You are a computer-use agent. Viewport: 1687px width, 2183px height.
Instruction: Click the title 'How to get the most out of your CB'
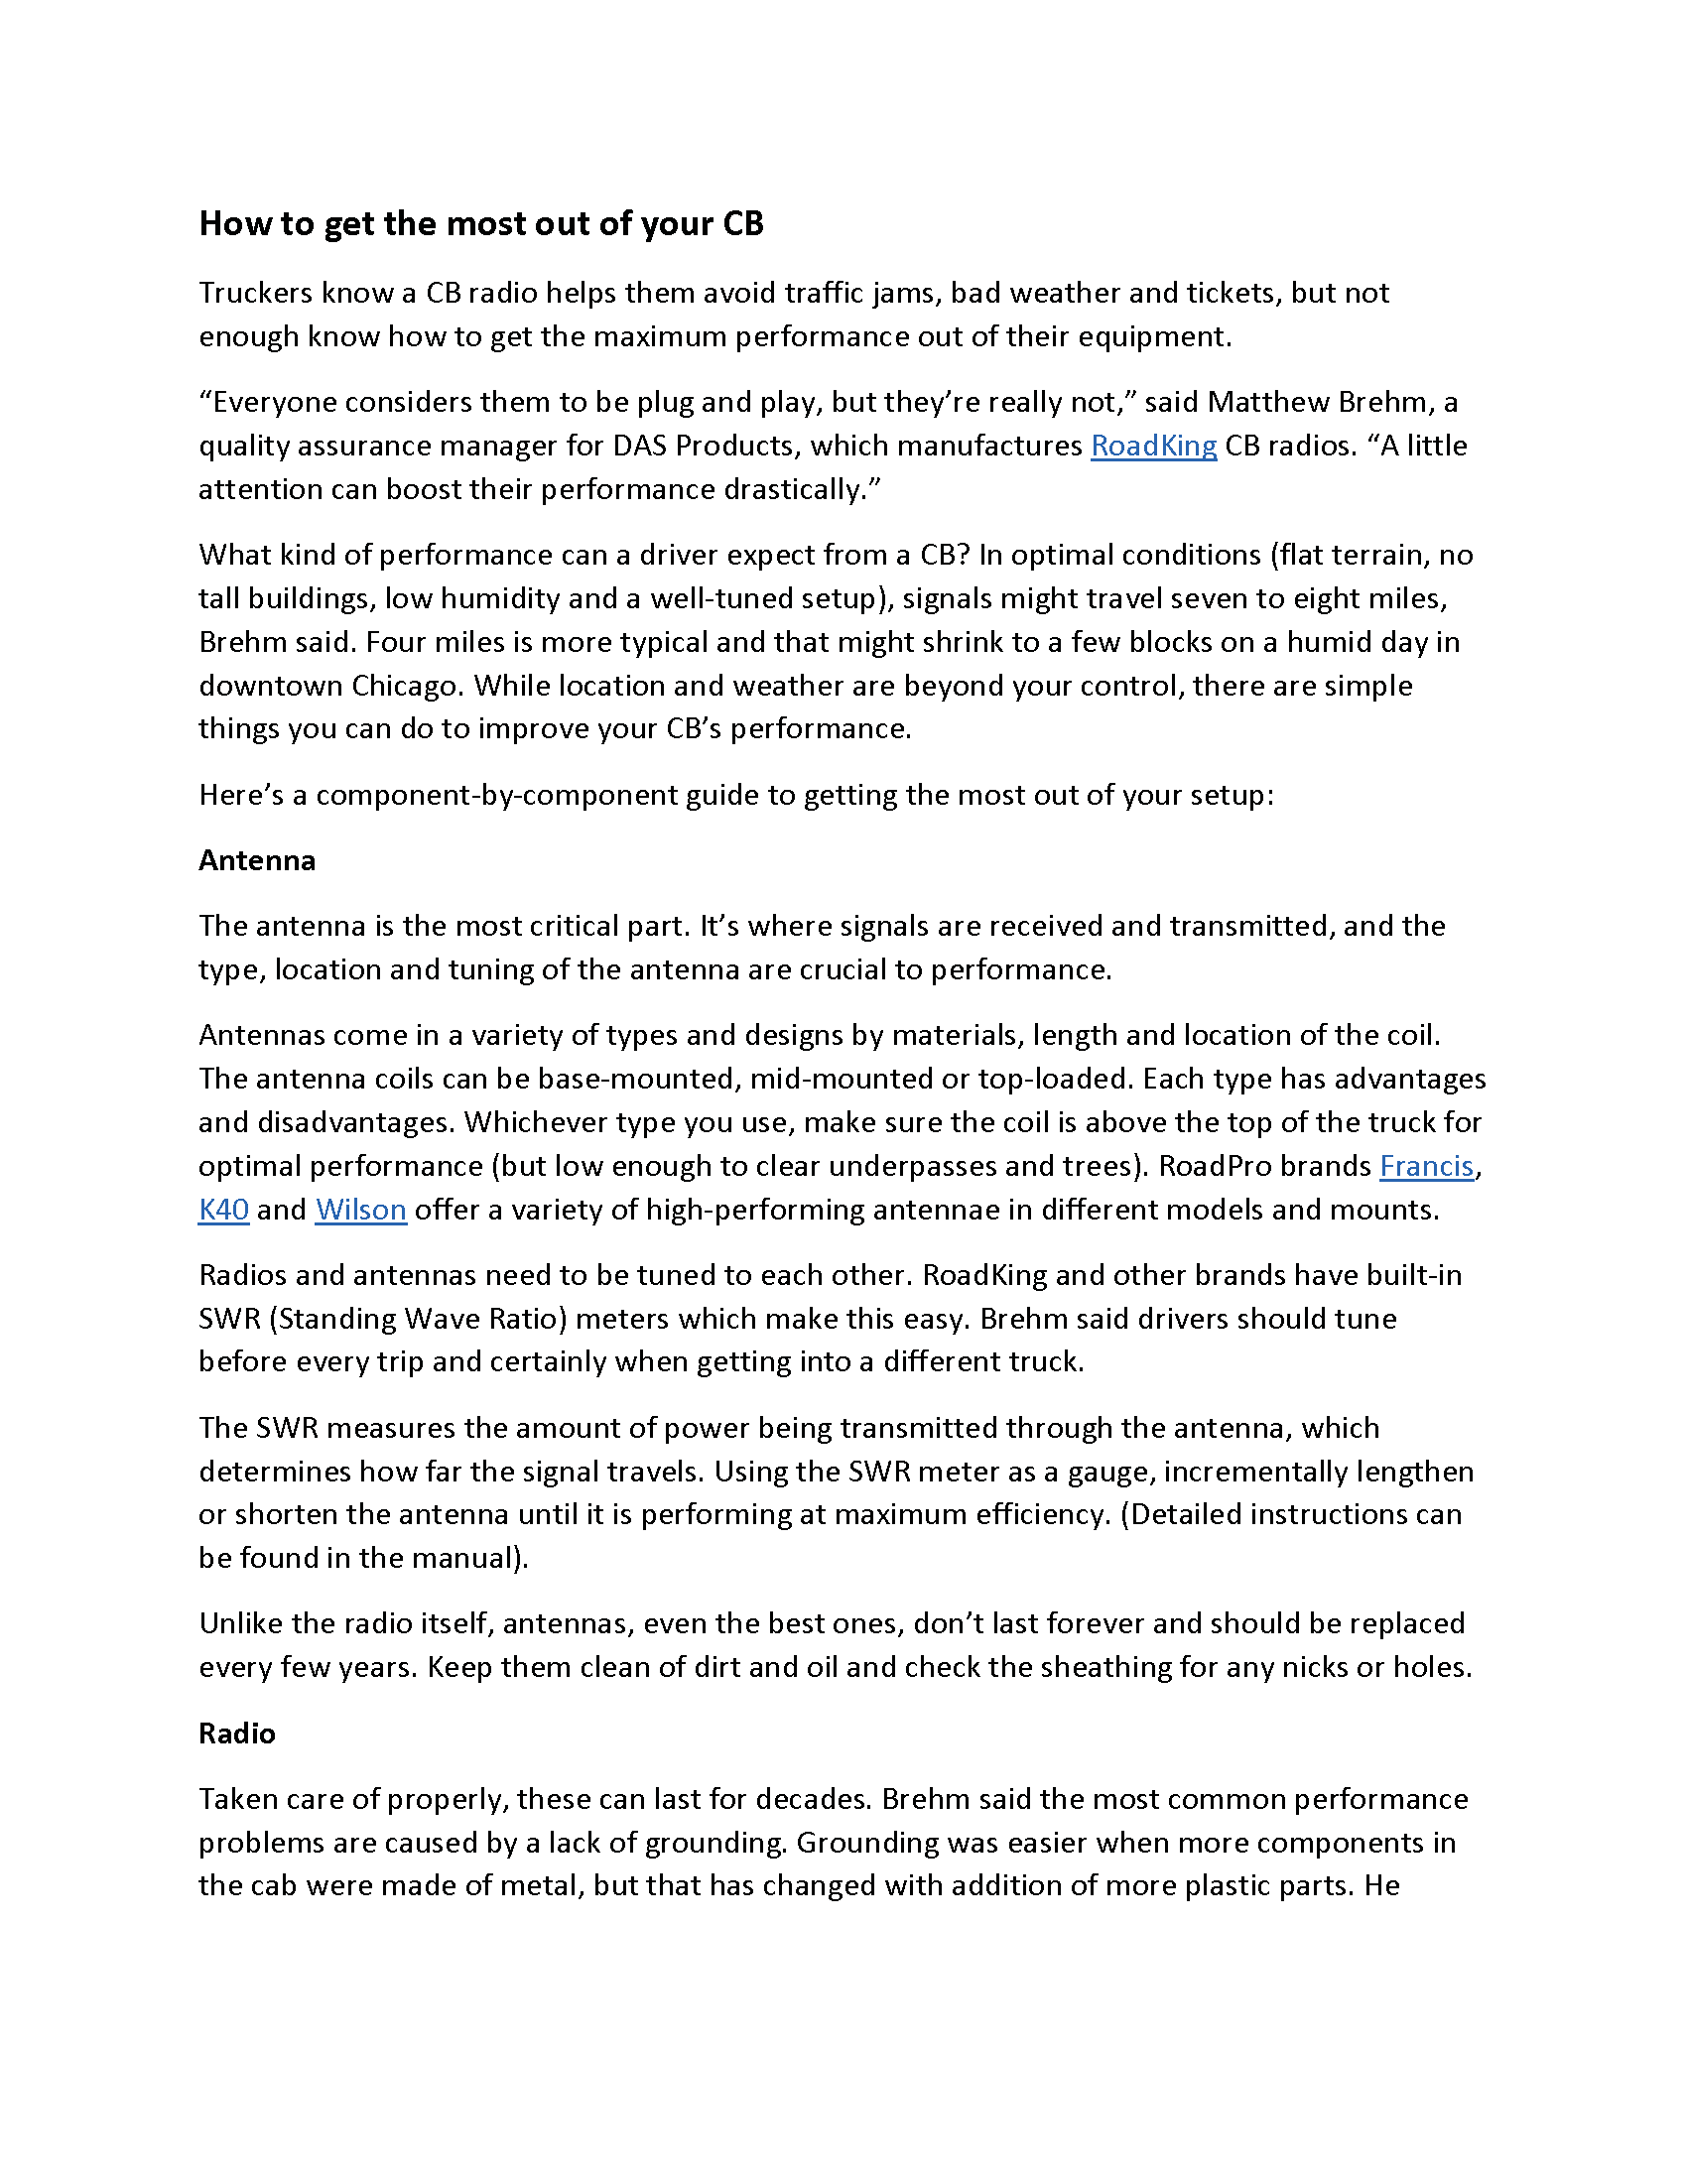tap(480, 224)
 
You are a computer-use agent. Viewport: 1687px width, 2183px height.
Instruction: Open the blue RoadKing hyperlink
tap(1153, 446)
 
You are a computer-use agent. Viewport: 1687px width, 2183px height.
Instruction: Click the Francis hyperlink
tap(1426, 1167)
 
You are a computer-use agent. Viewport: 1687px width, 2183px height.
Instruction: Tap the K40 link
tap(224, 1211)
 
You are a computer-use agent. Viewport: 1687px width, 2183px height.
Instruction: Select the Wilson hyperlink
tap(361, 1211)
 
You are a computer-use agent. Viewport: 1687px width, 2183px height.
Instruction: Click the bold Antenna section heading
tap(257, 860)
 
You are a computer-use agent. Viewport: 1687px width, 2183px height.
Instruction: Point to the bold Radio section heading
tap(237, 1734)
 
